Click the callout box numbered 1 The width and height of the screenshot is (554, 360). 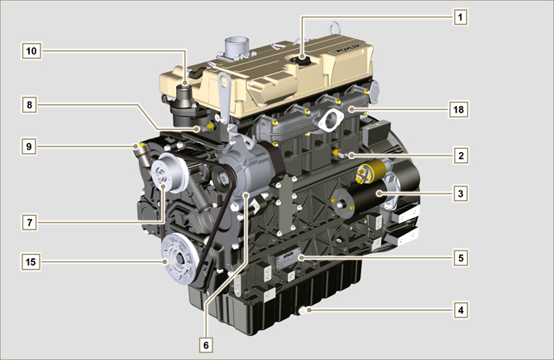pos(460,17)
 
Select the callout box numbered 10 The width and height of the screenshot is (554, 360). pos(31,51)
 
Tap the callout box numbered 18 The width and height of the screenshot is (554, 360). pos(458,109)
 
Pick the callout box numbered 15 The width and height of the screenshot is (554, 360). pos(31,262)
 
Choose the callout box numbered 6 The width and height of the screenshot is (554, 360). pos(206,345)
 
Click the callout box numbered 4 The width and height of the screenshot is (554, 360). pos(461,310)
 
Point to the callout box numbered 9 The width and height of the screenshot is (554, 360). pos(29,146)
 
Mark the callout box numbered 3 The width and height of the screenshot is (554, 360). pos(461,194)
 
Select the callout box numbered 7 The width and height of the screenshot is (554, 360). pos(29,223)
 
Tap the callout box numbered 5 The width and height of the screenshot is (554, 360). pos(461,258)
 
